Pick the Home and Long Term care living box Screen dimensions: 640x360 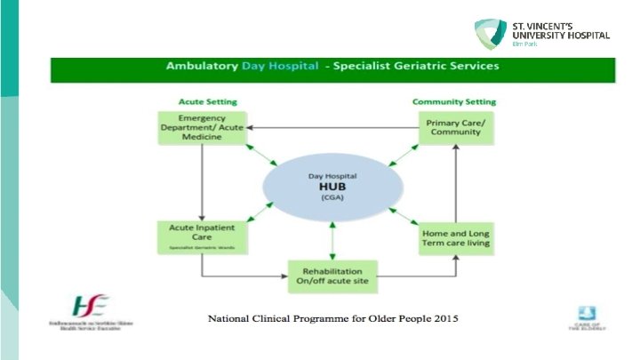click(454, 238)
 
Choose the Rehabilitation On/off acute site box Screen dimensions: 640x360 click(332, 276)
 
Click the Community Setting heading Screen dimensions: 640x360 click(454, 101)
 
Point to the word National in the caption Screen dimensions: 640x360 click(233, 318)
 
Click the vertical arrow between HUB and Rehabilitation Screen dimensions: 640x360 click(332, 242)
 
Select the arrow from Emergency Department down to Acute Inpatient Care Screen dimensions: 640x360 click(202, 182)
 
